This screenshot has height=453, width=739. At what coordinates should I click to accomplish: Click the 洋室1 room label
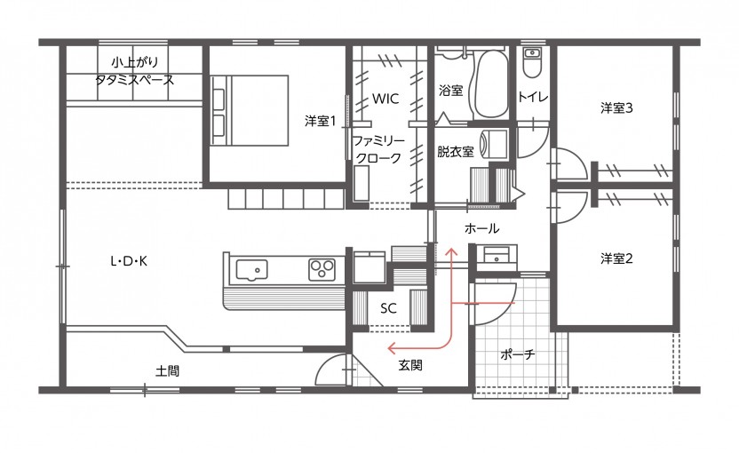[x=320, y=121]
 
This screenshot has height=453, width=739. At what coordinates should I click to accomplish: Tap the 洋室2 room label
[x=616, y=258]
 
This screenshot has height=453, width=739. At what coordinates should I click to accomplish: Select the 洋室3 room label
[x=616, y=108]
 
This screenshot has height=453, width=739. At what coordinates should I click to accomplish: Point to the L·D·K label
[x=129, y=260]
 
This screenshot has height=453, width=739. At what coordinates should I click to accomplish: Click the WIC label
[x=385, y=99]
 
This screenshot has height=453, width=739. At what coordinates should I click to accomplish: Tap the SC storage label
[x=388, y=308]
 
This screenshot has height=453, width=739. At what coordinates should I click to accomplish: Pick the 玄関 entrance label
[x=410, y=365]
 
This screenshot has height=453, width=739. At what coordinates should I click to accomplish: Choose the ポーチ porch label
[x=518, y=354]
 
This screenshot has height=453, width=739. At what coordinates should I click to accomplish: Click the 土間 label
[x=167, y=371]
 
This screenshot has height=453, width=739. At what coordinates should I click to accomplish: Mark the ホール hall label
[x=481, y=228]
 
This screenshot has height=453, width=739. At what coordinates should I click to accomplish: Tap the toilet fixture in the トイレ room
[x=533, y=63]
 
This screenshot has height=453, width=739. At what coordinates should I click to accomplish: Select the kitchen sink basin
[x=251, y=271]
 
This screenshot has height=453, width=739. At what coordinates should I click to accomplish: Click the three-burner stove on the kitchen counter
[x=322, y=270]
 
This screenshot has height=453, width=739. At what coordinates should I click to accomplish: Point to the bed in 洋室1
[x=250, y=110]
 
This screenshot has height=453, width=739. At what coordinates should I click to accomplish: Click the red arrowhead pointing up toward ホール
[x=452, y=252]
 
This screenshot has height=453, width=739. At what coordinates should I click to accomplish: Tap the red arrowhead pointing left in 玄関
[x=392, y=349]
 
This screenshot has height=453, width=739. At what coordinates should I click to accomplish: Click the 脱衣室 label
[x=456, y=151]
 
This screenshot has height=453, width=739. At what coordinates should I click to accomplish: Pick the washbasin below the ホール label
[x=497, y=257]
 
